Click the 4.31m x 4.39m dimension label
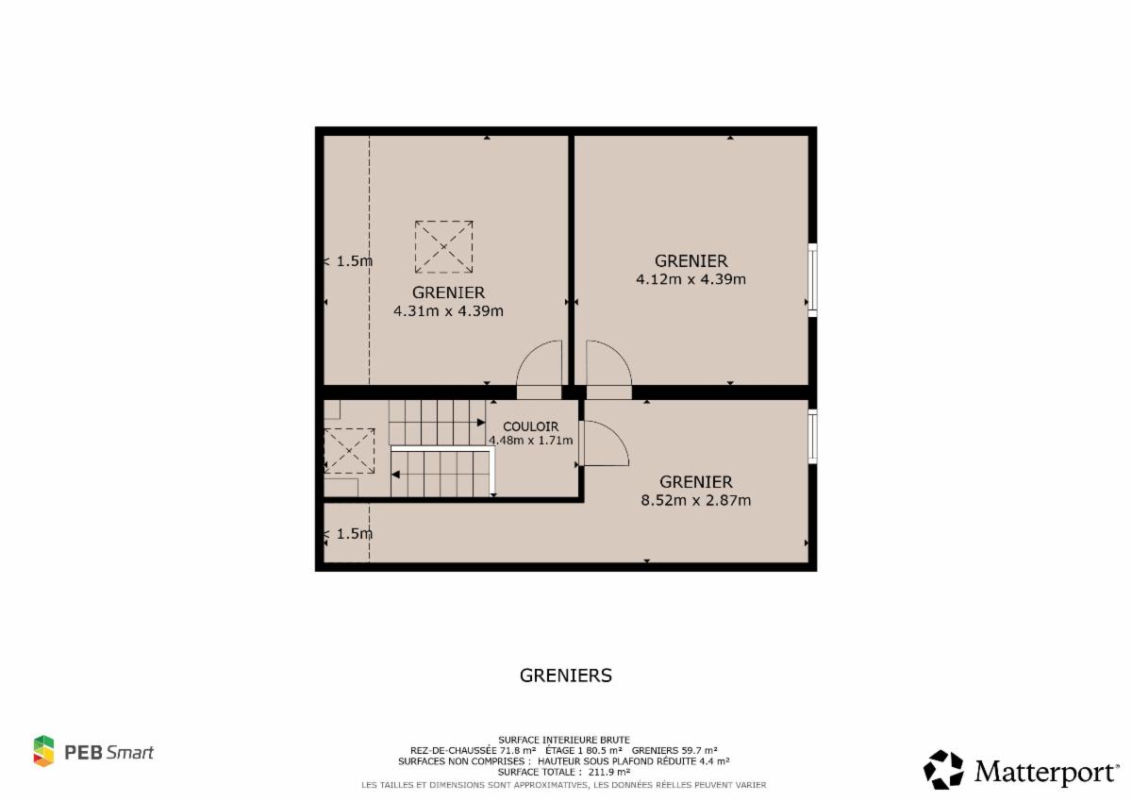pyautogui.click(x=448, y=310)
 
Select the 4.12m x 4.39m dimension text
pyautogui.click(x=691, y=279)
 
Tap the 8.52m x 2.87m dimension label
pyautogui.click(x=696, y=500)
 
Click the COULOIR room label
pyautogui.click(x=530, y=426)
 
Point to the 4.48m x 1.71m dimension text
pyautogui.click(x=530, y=441)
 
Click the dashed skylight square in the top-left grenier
pyautogui.click(x=443, y=246)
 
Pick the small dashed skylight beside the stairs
pyautogui.click(x=349, y=451)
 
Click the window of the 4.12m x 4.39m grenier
pyautogui.click(x=812, y=280)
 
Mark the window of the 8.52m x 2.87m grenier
pyautogui.click(x=812, y=436)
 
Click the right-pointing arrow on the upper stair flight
pyautogui.click(x=481, y=422)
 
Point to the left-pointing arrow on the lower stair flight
pyautogui.click(x=395, y=475)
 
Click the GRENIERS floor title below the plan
pyautogui.click(x=565, y=676)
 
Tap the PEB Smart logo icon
pyautogui.click(x=44, y=751)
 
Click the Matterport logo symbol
pyautogui.click(x=943, y=770)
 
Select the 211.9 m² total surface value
pyautogui.click(x=609, y=772)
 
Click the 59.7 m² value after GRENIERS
pyautogui.click(x=698, y=750)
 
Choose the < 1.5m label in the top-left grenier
pyautogui.click(x=348, y=261)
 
